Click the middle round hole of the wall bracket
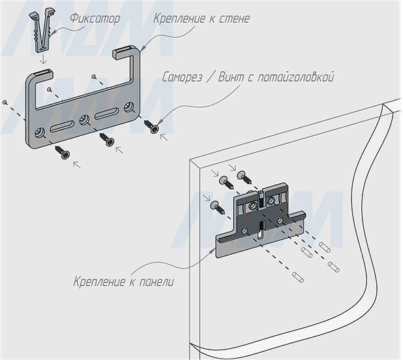[x=84, y=120]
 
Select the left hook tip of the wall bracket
[x=50, y=88]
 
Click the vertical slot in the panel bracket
[x=261, y=228]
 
